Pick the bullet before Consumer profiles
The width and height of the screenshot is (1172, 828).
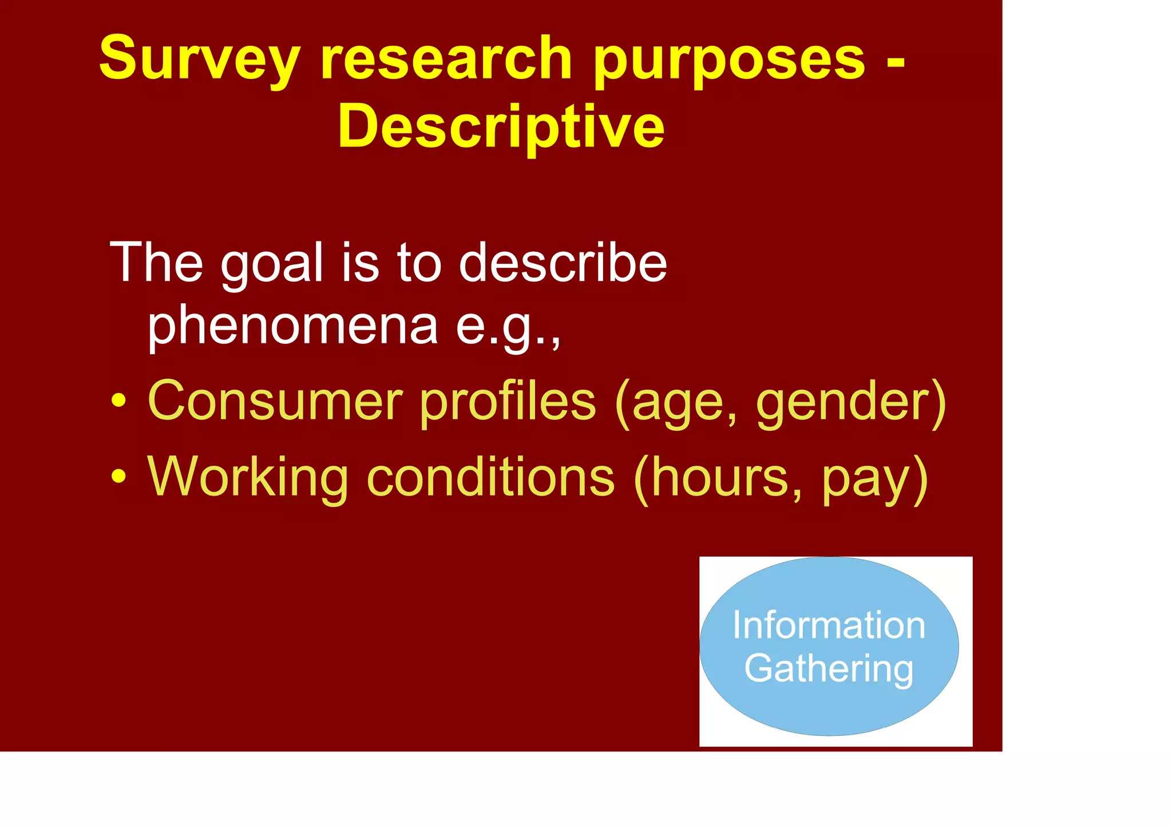[x=118, y=401]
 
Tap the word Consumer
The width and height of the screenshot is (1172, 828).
[x=275, y=401]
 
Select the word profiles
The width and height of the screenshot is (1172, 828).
[x=508, y=401]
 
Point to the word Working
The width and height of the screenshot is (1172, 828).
[x=247, y=477]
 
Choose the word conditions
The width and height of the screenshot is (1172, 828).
[x=490, y=476]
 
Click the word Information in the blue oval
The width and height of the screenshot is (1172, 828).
[x=829, y=625]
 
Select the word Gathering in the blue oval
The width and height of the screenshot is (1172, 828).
[x=829, y=668]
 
